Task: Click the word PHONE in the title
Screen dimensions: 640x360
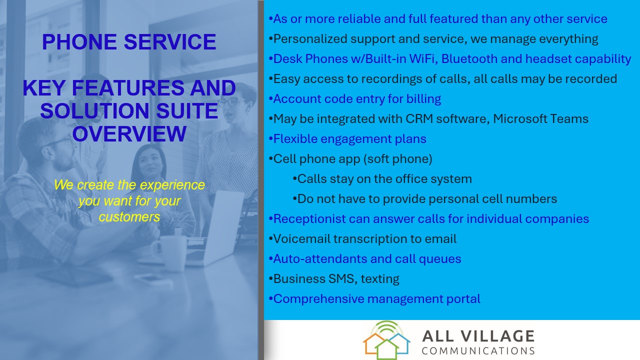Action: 79,42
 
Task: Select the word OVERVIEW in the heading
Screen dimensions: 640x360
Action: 129,133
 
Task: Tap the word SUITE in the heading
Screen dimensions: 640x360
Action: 187,110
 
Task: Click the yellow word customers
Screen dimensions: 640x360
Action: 129,217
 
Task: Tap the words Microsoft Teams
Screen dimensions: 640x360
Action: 540,119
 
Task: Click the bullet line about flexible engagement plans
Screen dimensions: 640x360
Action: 347,139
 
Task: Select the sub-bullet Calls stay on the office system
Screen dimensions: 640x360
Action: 382,179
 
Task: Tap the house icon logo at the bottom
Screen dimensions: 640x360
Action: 386,340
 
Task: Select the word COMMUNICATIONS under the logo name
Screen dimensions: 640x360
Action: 478,351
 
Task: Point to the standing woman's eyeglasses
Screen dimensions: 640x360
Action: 231,102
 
